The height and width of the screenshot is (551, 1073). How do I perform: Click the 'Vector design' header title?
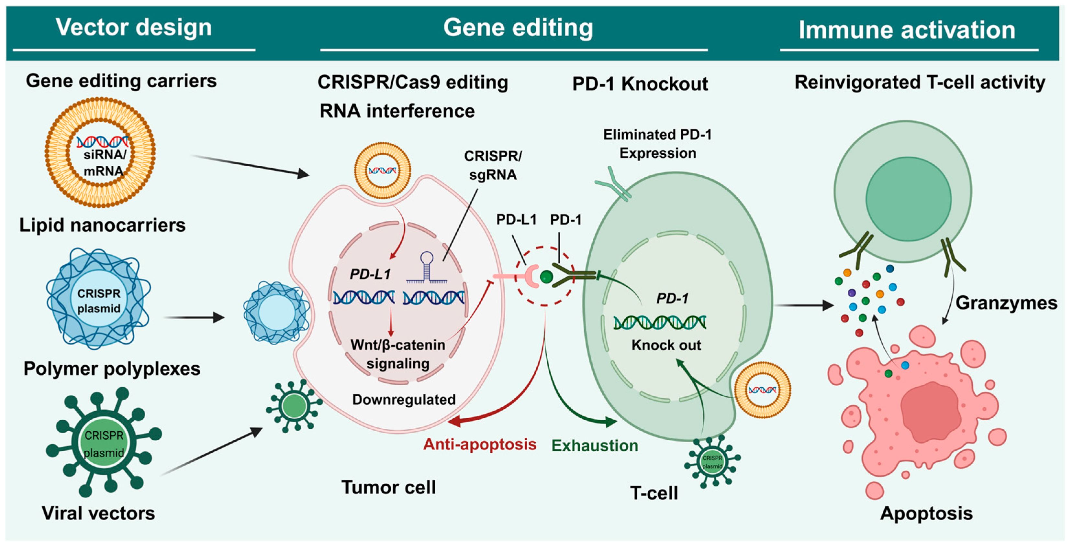(x=134, y=28)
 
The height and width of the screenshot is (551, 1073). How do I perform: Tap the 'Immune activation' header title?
(x=907, y=30)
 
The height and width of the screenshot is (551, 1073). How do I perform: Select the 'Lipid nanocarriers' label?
(x=103, y=225)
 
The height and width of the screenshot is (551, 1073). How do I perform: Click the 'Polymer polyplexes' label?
(x=112, y=369)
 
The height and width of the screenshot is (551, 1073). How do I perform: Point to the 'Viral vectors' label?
(x=98, y=513)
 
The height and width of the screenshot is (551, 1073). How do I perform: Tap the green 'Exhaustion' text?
(x=595, y=446)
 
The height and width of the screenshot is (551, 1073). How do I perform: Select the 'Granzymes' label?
(x=1006, y=303)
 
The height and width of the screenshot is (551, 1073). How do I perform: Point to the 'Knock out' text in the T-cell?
(x=666, y=345)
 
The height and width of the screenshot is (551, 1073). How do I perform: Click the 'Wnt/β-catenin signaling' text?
(x=398, y=354)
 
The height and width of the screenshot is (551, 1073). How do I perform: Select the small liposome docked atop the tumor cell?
(x=382, y=170)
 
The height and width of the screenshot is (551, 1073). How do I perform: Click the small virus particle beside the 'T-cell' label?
(x=712, y=461)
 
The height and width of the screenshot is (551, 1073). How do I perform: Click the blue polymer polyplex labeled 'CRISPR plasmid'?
(x=98, y=299)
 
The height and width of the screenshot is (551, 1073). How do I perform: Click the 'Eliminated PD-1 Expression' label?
(x=657, y=144)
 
